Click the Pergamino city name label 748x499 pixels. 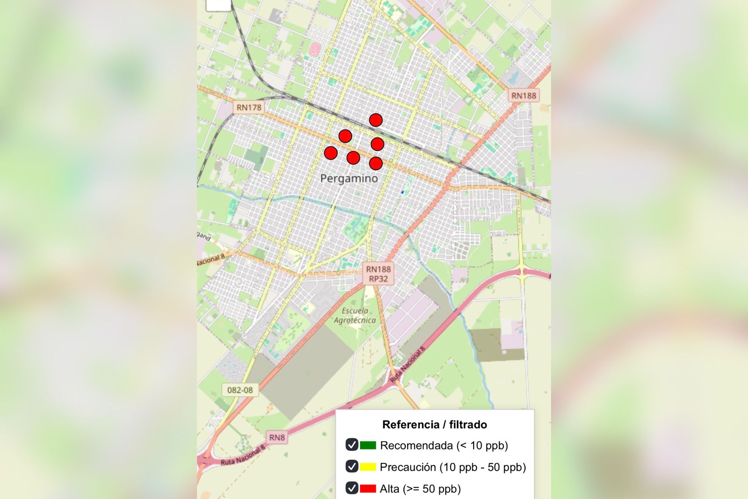pyautogui.click(x=349, y=178)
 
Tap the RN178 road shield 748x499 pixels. pyautogui.click(x=249, y=108)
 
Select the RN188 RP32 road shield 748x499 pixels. pyautogui.click(x=378, y=274)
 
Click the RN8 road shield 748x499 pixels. pyautogui.click(x=277, y=437)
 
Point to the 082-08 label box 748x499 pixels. pyautogui.click(x=240, y=390)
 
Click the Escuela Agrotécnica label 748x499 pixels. pyautogui.click(x=355, y=316)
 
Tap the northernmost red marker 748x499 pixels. pyautogui.click(x=376, y=120)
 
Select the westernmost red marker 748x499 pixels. pyautogui.click(x=331, y=153)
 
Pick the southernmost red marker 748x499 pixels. pyautogui.click(x=376, y=163)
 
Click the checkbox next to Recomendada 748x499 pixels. pyautogui.click(x=352, y=445)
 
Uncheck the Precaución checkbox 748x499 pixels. pyautogui.click(x=352, y=466)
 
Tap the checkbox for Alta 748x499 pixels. pyautogui.click(x=352, y=488)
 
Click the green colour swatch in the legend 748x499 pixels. pyautogui.click(x=368, y=445)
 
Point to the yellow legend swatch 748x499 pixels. pyautogui.click(x=368, y=467)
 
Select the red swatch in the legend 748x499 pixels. pyautogui.click(x=368, y=489)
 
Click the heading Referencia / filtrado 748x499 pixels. pyautogui.click(x=434, y=425)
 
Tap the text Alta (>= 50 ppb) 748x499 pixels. pyautogui.click(x=420, y=489)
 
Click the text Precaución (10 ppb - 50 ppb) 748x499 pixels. pyautogui.click(x=453, y=467)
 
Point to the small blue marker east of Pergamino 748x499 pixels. pyautogui.click(x=402, y=192)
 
